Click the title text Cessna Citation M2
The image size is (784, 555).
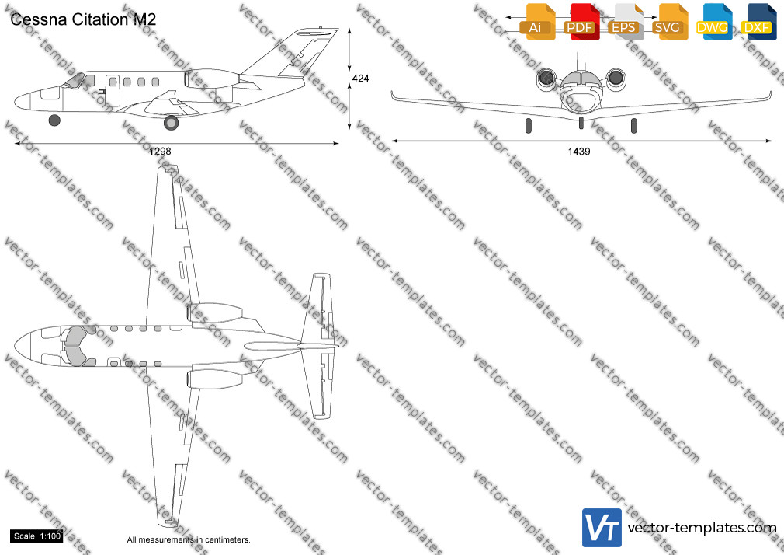pos(83,19)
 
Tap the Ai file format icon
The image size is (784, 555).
pos(536,22)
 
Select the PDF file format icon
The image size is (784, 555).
pos(581,22)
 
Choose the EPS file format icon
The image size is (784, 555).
pos(625,22)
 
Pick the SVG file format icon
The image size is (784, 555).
pos(669,22)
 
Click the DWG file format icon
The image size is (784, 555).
pos(713,22)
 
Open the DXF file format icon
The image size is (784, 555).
pos(758,22)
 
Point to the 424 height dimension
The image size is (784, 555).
pos(360,79)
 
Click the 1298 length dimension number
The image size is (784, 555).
pos(160,152)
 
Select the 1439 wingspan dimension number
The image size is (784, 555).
pos(579,152)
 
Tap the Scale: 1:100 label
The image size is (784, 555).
pos(37,536)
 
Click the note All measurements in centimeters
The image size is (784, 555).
pos(189,540)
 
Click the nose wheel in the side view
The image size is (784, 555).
pos(54,120)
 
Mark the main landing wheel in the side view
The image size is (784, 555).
pos(171,122)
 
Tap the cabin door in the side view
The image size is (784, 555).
pos(113,90)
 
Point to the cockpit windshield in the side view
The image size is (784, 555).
pos(75,81)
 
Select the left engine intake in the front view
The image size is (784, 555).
pos(546,79)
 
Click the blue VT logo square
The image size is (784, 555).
pos(602,528)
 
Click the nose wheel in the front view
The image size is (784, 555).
pos(581,123)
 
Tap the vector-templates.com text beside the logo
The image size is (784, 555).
pos(702,528)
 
